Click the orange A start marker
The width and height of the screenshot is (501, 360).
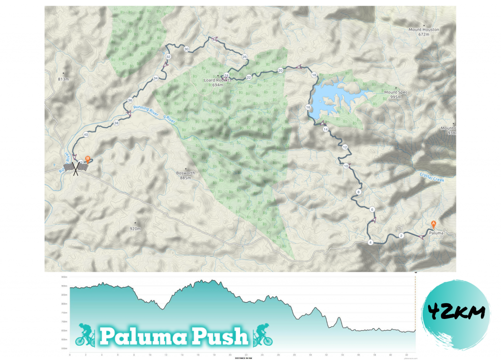[x=433, y=224]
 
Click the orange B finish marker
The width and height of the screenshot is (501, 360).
[x=87, y=158]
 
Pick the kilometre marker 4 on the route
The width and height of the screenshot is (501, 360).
[x=370, y=243]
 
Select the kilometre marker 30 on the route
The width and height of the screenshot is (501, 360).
[x=186, y=49]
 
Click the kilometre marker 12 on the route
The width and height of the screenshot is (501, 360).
[x=345, y=147]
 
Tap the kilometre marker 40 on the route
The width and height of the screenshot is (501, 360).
[x=86, y=135]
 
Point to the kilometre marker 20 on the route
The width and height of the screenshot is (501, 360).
[x=280, y=70]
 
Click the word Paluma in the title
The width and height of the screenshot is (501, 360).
[x=147, y=337]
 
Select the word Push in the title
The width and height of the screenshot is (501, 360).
[x=224, y=337]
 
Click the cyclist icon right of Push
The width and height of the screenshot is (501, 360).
[x=263, y=334]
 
